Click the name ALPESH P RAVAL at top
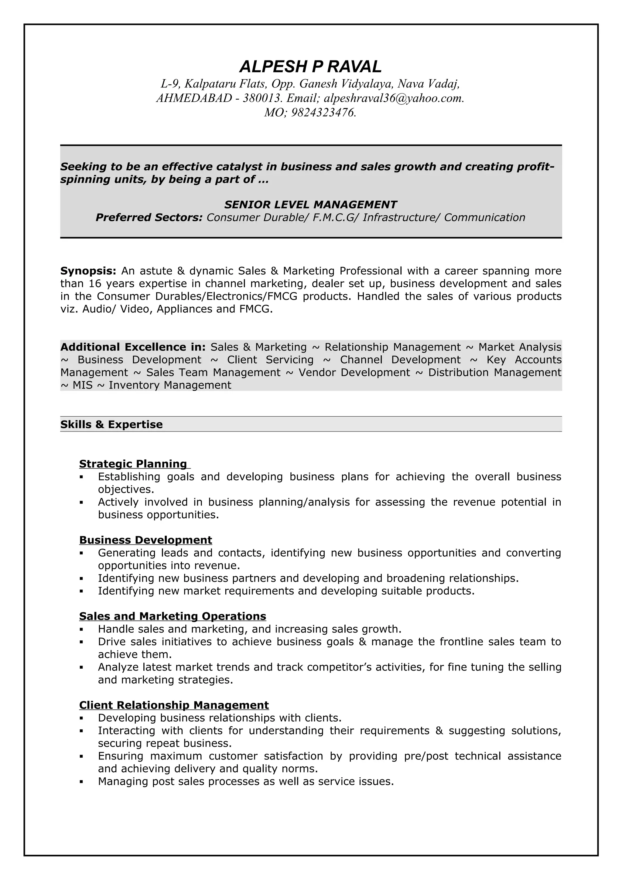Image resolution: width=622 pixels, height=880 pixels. tap(310, 67)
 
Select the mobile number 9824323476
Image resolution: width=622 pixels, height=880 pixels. tap(323, 113)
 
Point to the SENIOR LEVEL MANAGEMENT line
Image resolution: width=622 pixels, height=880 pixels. tap(310, 205)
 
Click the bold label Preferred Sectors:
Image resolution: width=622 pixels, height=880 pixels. tap(149, 218)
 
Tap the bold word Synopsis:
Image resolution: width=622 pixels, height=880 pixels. tap(88, 271)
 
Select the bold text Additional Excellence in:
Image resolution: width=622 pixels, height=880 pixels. tap(133, 347)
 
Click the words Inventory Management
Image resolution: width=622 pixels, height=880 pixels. tap(170, 385)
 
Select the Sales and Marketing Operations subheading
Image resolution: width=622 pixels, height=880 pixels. tap(173, 616)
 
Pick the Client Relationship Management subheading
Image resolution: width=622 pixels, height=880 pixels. tap(174, 705)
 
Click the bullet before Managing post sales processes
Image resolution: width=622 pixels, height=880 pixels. tap(81, 782)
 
